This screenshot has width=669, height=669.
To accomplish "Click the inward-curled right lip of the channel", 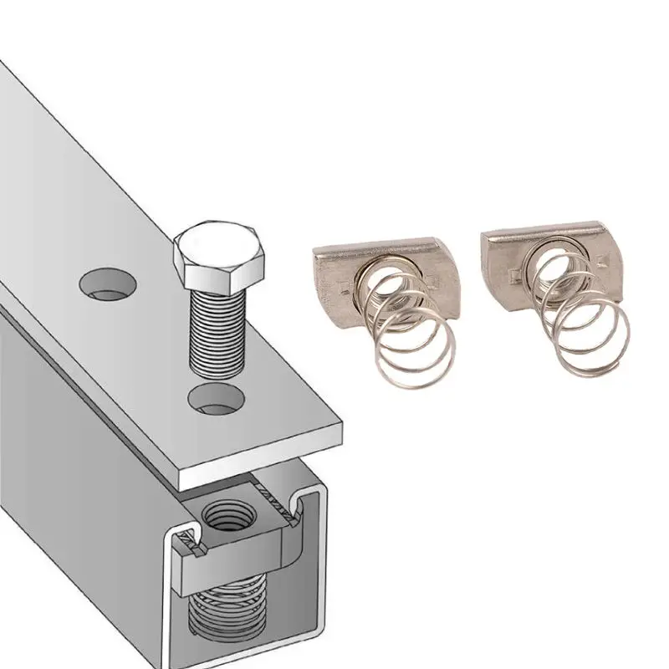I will [302, 506].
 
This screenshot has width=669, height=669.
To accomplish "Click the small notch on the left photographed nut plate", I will [345, 289].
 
